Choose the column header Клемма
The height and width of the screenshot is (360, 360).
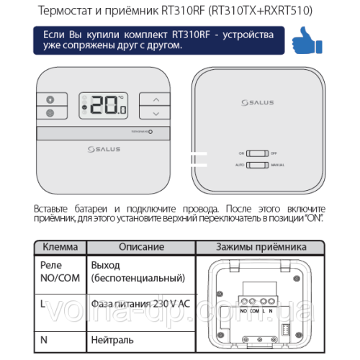click(x=60, y=247)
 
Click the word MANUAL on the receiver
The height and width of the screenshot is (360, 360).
click(x=279, y=166)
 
